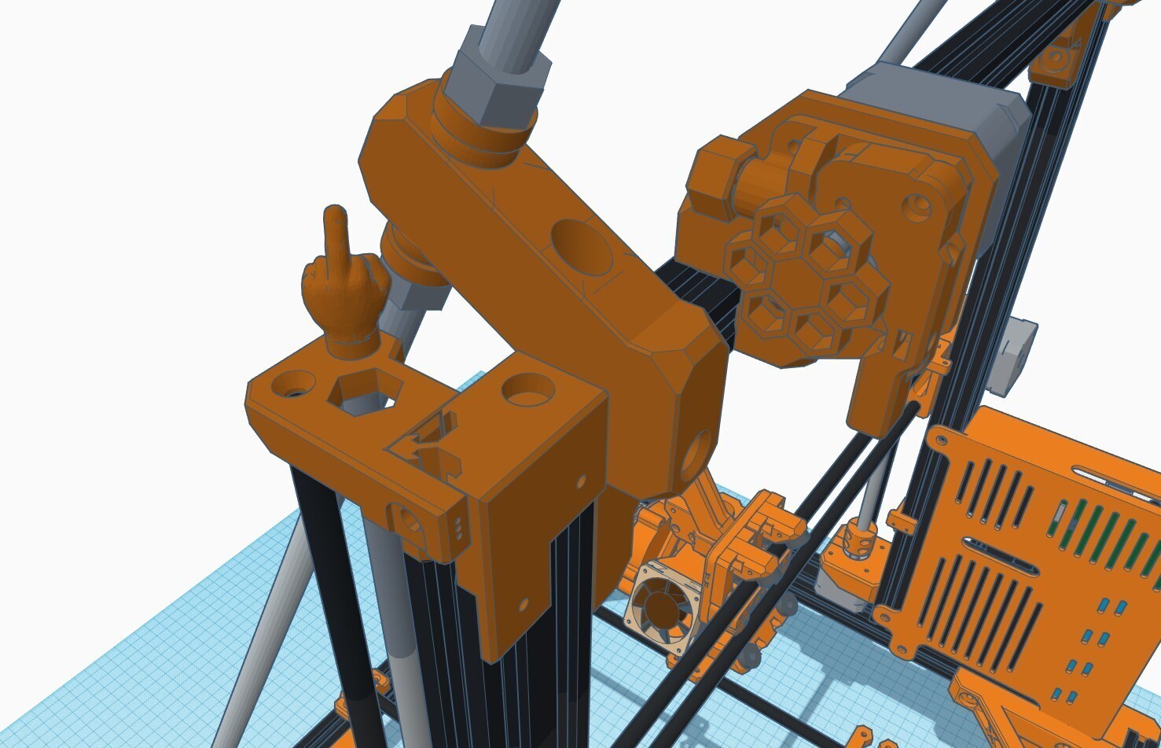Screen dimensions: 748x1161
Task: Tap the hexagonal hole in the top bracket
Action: click(366, 391)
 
